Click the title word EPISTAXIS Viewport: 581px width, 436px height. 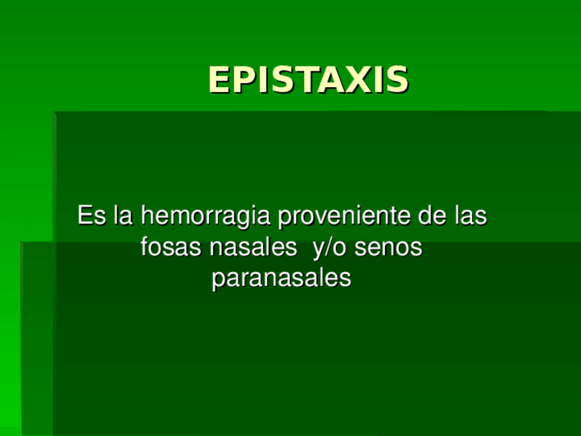308,80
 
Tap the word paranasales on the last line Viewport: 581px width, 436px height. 282,278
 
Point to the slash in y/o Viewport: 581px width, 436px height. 327,247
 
